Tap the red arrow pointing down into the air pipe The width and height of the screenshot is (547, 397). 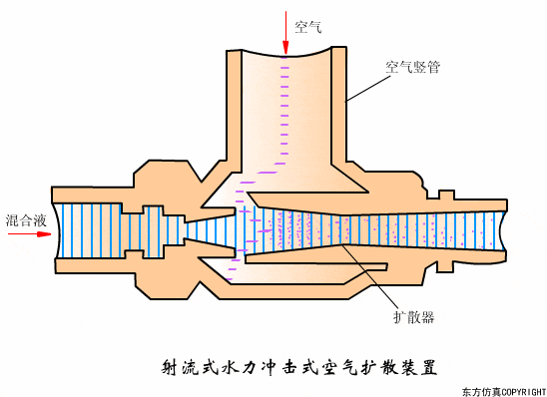[286, 35]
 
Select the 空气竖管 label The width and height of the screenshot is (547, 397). [413, 68]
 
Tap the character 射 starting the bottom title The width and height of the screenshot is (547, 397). [170, 366]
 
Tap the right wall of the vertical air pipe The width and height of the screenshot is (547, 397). [336, 110]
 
